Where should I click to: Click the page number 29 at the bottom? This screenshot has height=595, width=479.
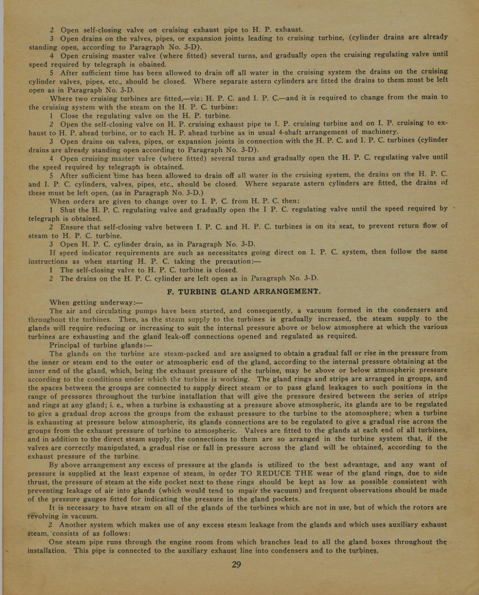[236, 565]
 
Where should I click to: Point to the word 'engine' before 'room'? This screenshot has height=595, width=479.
[186, 542]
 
